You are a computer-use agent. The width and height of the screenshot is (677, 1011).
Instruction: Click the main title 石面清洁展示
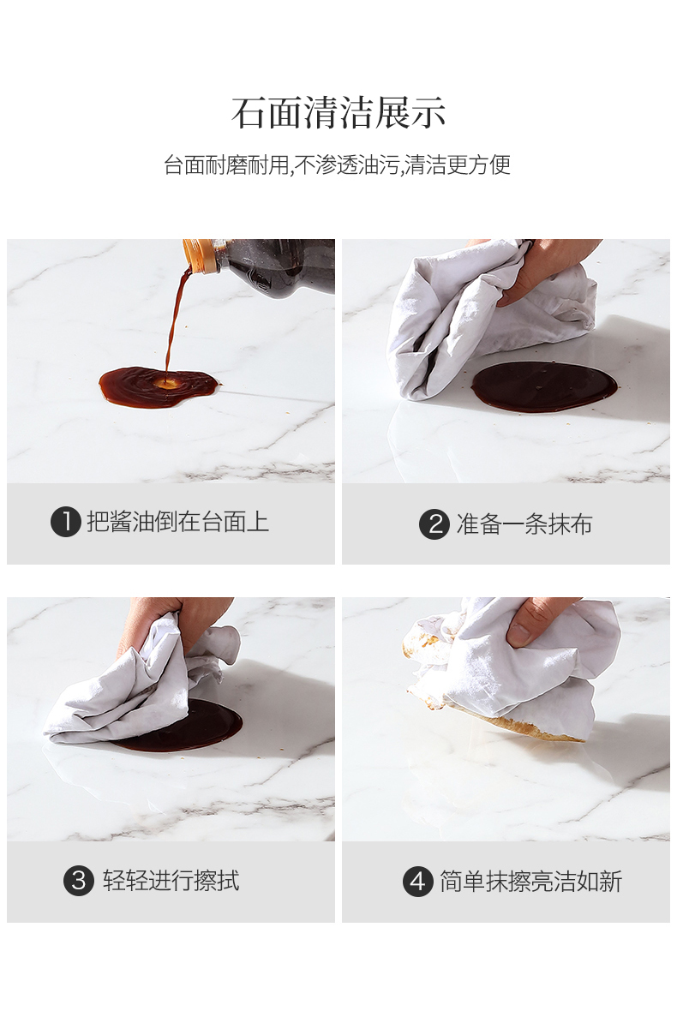pos(338,113)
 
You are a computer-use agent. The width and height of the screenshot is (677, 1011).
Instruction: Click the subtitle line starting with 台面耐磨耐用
pos(337,165)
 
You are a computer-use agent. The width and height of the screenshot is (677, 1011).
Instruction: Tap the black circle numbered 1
pos(65,523)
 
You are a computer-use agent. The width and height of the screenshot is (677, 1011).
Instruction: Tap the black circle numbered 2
pos(434,524)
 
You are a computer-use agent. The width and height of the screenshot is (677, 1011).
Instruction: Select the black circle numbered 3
pos(79,880)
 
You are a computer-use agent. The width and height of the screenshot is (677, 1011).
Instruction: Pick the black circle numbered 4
pos(418,881)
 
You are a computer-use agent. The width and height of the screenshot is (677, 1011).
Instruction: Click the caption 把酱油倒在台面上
pos(178,523)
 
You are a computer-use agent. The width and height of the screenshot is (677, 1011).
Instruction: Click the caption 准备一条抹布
pos(524,524)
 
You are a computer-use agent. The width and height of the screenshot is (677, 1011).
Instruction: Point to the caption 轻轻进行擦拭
pos(171,880)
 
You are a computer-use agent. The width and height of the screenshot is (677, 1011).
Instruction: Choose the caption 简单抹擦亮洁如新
pos(530,881)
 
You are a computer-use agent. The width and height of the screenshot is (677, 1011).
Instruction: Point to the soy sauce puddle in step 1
pos(158,387)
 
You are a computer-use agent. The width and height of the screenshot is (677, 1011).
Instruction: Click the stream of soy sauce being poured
pos(174,322)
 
